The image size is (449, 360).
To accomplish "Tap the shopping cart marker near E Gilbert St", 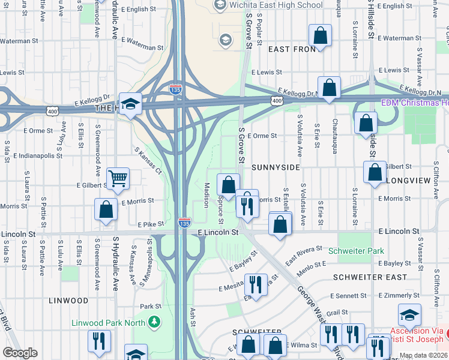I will coord(118,178).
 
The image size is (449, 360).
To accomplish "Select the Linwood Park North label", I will coord(109,322).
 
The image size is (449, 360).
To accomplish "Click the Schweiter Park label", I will coord(353,249).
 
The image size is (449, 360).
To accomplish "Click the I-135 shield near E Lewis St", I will coord(175,89).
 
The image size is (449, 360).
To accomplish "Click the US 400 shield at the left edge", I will coord(53,110).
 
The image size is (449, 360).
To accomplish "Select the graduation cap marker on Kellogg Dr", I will coord(130,104).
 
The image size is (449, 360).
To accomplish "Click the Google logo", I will coord(20,353).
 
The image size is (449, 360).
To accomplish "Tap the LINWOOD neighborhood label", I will coord(68,300).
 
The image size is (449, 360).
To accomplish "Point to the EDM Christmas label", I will coord(415,103).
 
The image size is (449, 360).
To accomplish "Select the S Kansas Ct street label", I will coord(149,161).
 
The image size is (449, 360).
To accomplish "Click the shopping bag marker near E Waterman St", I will coord(321,36).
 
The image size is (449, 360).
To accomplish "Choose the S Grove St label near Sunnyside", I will coord(241,144).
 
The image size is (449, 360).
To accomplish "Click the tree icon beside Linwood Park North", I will coord(155,322).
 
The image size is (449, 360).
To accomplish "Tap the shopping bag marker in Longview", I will coord(375,172).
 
